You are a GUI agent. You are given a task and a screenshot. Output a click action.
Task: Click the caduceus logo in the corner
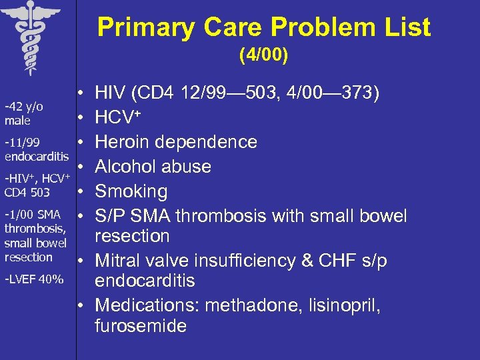(30, 33)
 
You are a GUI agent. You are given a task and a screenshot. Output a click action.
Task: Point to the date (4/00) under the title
(264, 57)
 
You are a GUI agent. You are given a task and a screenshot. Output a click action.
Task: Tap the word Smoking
(131, 192)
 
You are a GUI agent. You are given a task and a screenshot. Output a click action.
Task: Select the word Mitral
(119, 261)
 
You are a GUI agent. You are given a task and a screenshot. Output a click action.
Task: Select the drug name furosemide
(141, 326)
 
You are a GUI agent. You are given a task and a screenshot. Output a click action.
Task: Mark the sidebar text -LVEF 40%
(34, 279)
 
